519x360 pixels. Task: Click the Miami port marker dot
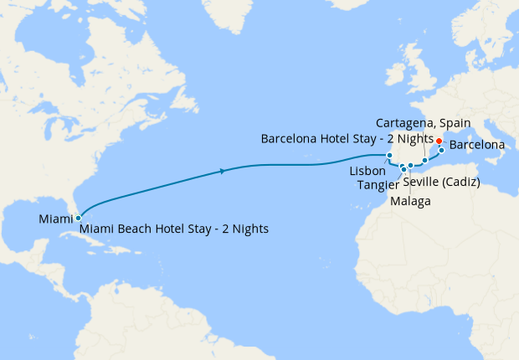[78, 218]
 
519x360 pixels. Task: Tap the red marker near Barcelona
[440, 141]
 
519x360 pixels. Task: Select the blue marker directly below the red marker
[442, 151]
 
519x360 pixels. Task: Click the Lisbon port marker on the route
[389, 155]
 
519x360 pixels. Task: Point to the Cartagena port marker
[425, 160]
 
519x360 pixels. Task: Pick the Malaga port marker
[411, 166]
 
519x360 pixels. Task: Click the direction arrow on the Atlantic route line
[221, 172]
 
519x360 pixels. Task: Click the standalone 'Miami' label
[55, 219]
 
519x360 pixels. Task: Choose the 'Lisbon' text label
[367, 171]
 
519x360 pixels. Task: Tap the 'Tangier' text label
[378, 184]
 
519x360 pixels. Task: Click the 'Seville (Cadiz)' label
[440, 183]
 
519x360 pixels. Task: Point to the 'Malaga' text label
[411, 202]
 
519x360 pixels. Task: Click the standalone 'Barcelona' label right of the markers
[477, 146]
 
